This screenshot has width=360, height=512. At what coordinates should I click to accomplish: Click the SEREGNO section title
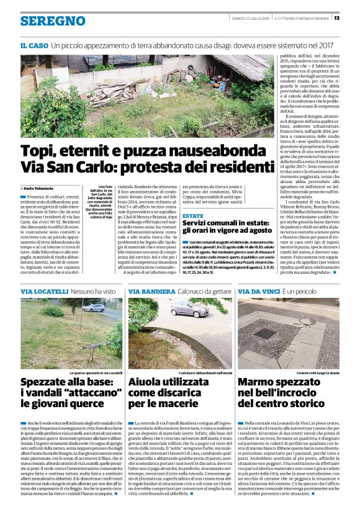[52, 20]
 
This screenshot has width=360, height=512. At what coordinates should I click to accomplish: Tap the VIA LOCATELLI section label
[43, 290]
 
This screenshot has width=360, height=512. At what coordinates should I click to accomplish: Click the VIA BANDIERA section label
[151, 290]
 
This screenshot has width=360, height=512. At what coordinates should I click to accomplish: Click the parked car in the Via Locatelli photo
[94, 307]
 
